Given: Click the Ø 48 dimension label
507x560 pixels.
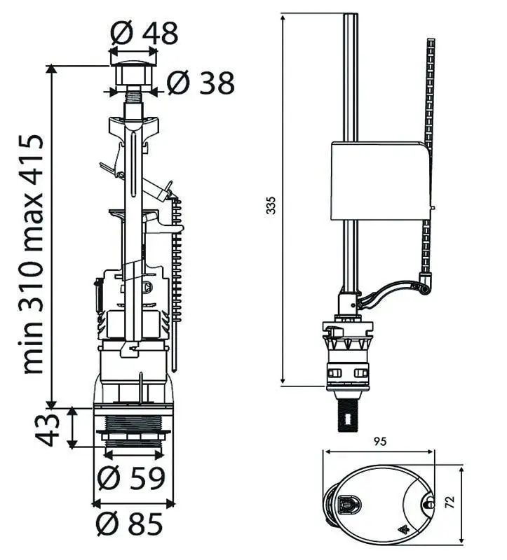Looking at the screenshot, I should [144, 33].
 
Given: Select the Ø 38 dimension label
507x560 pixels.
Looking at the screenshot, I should [200, 83].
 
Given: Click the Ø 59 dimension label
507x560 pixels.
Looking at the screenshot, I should [131, 477].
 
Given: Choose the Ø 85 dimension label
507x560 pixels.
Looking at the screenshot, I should [131, 523].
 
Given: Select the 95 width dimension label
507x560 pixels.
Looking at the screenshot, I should [380, 442].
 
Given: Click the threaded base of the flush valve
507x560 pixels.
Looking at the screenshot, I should [133, 428].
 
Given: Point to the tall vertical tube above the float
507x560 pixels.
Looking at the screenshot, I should [350, 77].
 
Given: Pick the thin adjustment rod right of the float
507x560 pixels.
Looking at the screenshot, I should [428, 91].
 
